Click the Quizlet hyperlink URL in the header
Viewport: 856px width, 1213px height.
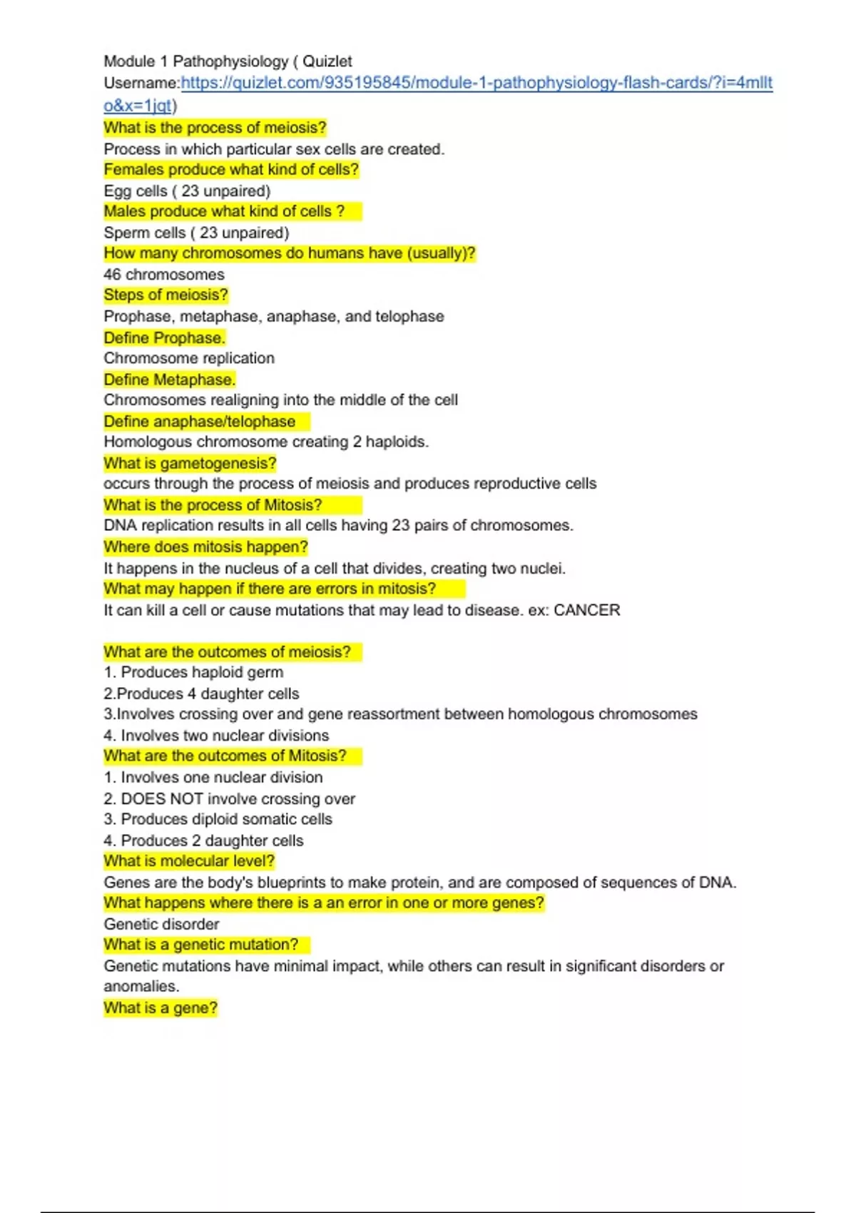[477, 83]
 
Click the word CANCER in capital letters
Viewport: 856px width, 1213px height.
[586, 610]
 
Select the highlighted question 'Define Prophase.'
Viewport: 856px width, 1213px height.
[164, 337]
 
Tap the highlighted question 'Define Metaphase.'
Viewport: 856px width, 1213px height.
[169, 380]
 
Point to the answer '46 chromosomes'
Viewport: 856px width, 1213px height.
[163, 275]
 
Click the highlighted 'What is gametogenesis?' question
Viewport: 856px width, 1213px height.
[190, 463]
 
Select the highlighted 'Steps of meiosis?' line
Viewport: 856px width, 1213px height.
[165, 295]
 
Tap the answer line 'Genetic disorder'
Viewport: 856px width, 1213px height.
[161, 924]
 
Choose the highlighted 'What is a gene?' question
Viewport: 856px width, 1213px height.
[160, 1008]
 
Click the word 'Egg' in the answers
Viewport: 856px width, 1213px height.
[117, 191]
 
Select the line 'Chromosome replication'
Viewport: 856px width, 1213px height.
[189, 358]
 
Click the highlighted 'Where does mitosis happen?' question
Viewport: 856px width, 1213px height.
[205, 547]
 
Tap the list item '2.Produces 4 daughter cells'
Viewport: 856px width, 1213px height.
[201, 694]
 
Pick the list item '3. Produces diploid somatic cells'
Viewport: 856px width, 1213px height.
[218, 819]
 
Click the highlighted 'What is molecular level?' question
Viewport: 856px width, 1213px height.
[189, 861]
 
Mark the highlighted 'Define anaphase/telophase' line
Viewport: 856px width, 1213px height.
[200, 422]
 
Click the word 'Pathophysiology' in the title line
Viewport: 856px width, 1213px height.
[230, 61]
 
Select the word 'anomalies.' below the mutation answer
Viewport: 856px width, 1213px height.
[141, 986]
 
